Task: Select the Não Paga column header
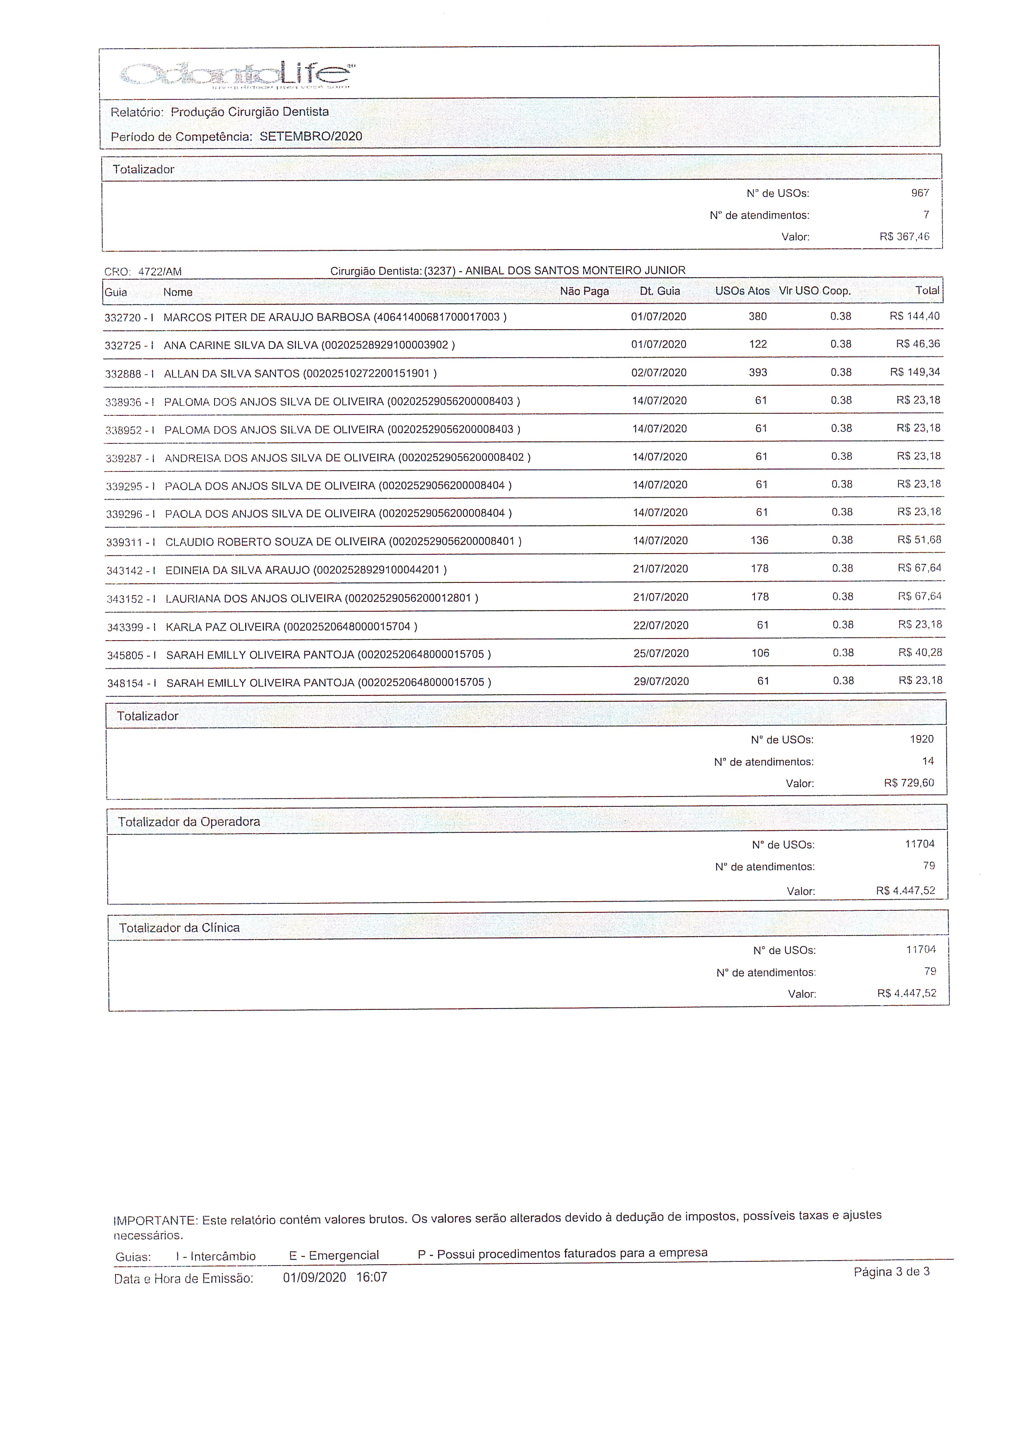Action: [584, 291]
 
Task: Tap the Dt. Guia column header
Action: [659, 291]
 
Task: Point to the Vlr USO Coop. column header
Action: [814, 291]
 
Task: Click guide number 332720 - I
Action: [129, 318]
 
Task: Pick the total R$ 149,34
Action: [915, 372]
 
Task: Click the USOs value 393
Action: [758, 372]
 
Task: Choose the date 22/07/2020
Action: [660, 625]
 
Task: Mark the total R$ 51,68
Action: [919, 540]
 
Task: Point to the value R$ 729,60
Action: [909, 783]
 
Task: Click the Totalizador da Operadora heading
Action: [189, 822]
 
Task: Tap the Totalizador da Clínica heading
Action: [179, 928]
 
